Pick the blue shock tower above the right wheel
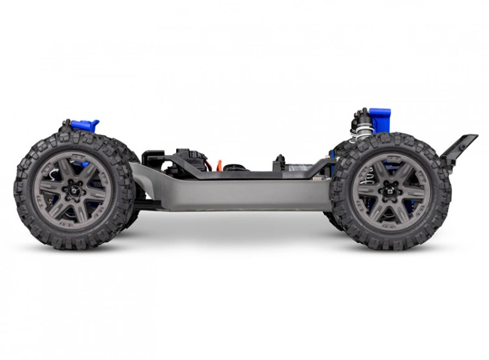(x=379, y=118)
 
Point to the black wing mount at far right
(x=459, y=147)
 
